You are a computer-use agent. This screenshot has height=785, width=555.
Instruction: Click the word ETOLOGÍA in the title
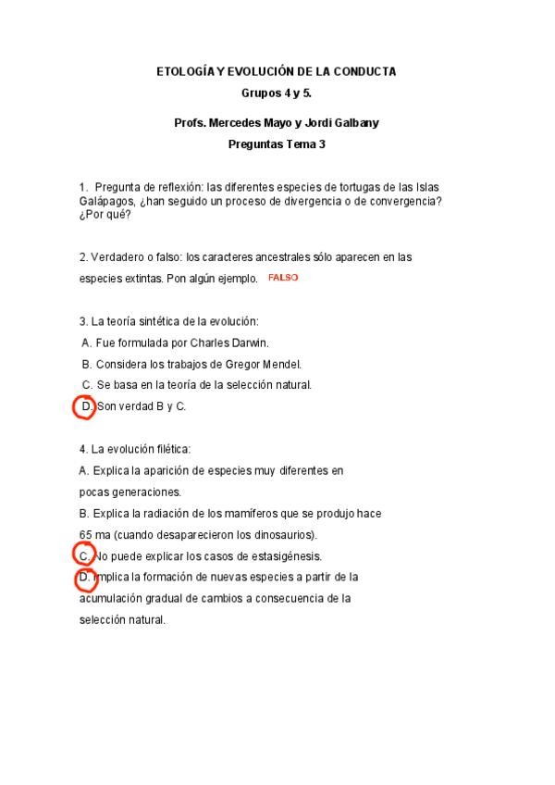coord(182,71)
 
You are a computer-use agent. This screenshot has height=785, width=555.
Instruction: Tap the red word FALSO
coord(283,278)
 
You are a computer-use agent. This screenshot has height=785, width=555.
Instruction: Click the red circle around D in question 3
coord(84,406)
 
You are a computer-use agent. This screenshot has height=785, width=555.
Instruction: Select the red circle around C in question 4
coord(84,555)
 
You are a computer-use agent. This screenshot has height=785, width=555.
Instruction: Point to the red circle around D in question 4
coord(85,578)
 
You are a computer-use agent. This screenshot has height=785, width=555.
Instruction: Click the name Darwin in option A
coord(247,343)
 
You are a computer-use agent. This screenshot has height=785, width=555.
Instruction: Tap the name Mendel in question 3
coord(281,364)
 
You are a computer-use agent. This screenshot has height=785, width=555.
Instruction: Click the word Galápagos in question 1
coord(107,201)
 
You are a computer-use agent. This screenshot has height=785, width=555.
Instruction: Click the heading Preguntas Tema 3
coord(277,144)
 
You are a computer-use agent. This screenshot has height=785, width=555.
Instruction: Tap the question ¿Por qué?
coord(105,216)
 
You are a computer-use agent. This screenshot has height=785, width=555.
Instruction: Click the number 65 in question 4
coord(85,535)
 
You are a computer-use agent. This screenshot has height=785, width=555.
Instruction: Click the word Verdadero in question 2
coord(116,256)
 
